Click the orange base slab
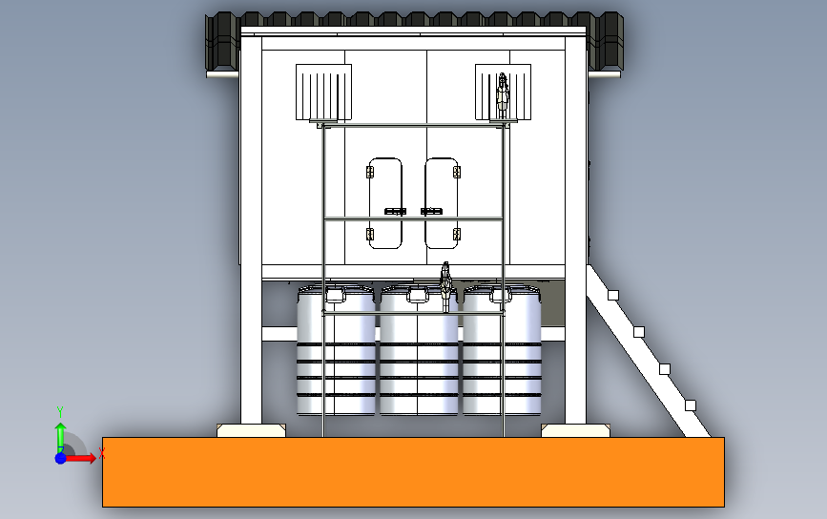[413, 472]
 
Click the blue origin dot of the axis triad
[61, 458]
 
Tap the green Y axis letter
[60, 411]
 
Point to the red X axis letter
[102, 453]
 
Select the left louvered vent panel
[324, 93]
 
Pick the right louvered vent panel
[503, 93]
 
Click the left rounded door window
[385, 203]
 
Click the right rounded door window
[442, 203]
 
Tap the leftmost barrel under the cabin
[336, 350]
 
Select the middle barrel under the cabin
[419, 350]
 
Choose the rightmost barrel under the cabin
[502, 350]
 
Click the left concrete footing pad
[251, 430]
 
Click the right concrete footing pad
[575, 430]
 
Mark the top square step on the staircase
[613, 296]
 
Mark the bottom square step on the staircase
[691, 405]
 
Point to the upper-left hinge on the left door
[370, 172]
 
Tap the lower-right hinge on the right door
[457, 234]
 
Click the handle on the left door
[395, 212]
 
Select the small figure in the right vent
[503, 95]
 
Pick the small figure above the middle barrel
[446, 286]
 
